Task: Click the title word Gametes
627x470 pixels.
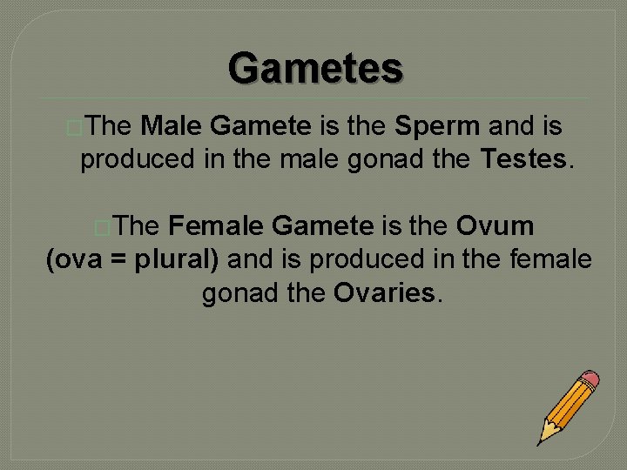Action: coord(315,67)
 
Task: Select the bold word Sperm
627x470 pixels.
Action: coord(437,127)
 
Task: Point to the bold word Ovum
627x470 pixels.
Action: coord(495,226)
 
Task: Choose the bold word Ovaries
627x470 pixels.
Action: coord(384,293)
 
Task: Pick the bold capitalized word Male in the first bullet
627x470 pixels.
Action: coord(172,127)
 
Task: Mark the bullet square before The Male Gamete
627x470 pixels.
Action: coord(72,128)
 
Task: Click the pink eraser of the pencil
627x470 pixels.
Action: coord(590,379)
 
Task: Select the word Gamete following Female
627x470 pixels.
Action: coord(322,226)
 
